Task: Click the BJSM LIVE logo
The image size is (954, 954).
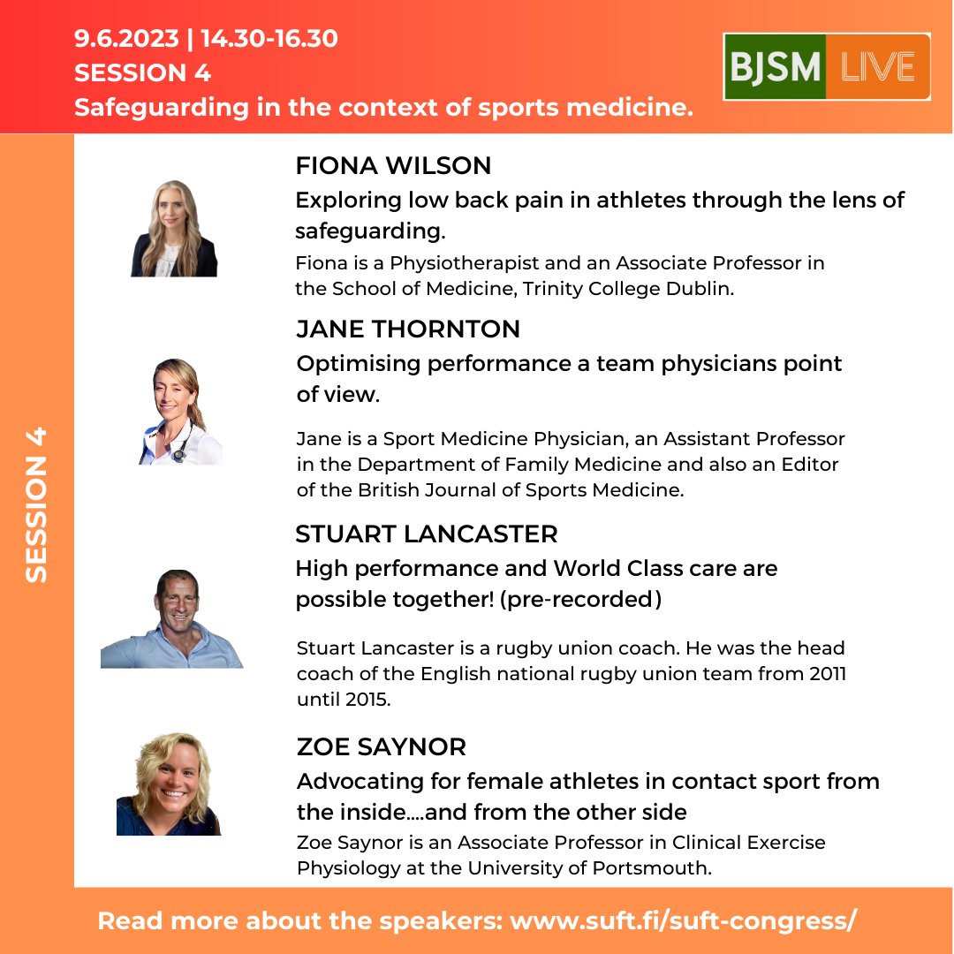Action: tap(826, 67)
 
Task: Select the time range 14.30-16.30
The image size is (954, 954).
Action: tap(269, 39)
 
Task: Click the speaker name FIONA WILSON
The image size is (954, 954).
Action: tap(393, 166)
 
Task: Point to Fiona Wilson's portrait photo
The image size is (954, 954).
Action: tap(174, 229)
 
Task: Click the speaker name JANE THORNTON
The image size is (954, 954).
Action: tap(408, 329)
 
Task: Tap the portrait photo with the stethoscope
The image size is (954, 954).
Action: tap(179, 412)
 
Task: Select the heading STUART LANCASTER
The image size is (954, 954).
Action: tap(427, 534)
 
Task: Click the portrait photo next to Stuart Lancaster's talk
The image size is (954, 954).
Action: tap(171, 619)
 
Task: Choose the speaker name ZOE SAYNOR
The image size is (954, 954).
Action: tap(381, 747)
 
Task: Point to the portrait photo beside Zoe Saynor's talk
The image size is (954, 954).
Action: tap(169, 784)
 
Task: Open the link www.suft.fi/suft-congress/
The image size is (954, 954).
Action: tap(684, 920)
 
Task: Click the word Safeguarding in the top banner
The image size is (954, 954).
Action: tap(161, 108)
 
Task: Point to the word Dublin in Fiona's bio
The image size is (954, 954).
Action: tap(701, 289)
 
